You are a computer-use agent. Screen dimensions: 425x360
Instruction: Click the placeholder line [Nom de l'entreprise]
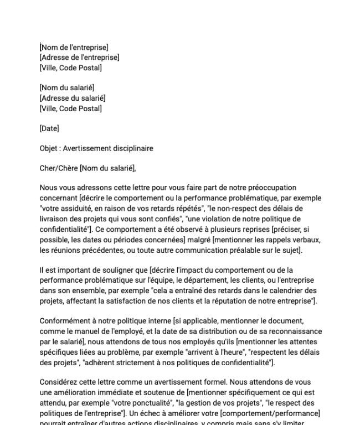pos(74,48)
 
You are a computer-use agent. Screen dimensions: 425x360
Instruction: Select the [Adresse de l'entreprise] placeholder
pos(79,58)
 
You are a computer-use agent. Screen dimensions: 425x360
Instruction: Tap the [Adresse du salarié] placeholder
pos(73,99)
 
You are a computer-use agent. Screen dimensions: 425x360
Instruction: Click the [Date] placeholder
pos(49,128)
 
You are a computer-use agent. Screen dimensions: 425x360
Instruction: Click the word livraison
pos(55,218)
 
